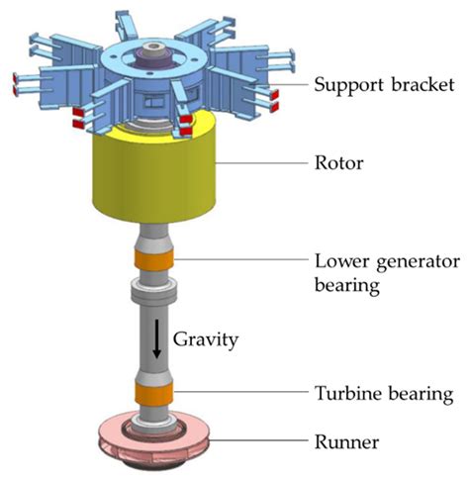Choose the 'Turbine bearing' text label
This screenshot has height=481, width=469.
[x=383, y=393]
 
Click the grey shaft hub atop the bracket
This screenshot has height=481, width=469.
[x=157, y=48]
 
